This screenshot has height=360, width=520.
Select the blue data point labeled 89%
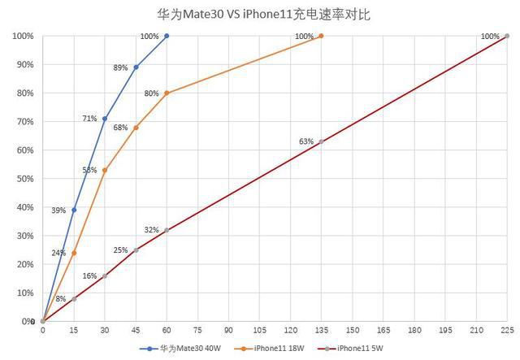pos(136,67)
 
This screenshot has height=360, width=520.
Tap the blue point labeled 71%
pos(105,119)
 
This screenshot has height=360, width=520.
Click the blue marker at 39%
pos(74,210)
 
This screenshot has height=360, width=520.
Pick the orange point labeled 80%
pos(167,93)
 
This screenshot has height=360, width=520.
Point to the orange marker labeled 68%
pos(136,128)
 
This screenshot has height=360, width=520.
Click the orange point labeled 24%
pos(74,253)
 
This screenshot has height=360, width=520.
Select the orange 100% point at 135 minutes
pos(321,36)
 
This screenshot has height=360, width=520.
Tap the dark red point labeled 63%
pos(321,141)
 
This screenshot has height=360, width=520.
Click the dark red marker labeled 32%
pos(167,230)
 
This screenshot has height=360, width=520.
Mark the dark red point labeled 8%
pos(74,298)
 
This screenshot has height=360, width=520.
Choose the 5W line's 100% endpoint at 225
pos(506,36)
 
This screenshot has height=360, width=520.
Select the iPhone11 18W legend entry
pos(272,348)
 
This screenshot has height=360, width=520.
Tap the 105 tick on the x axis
pos(259,330)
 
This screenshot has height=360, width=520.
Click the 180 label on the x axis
pos(414,330)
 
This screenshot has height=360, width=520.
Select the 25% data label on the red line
pos(120,250)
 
